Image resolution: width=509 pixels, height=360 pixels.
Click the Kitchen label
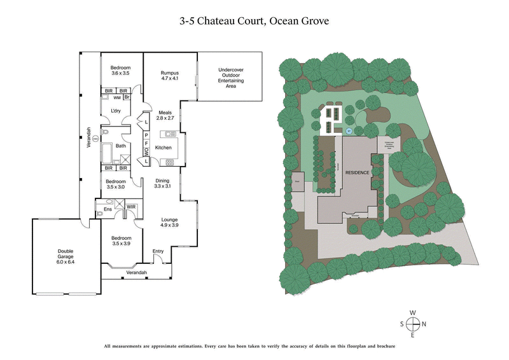164,148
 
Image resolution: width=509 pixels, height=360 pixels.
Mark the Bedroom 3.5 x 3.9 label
120,240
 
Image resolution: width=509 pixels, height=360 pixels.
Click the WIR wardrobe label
131,207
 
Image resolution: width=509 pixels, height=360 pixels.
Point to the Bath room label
120,146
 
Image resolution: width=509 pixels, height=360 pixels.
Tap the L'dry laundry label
116,111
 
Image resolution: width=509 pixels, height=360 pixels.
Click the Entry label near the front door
158,251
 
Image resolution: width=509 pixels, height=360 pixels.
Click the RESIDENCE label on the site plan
358,172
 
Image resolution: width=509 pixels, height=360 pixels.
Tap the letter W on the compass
413,312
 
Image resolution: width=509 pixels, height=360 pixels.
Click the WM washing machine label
117,98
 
